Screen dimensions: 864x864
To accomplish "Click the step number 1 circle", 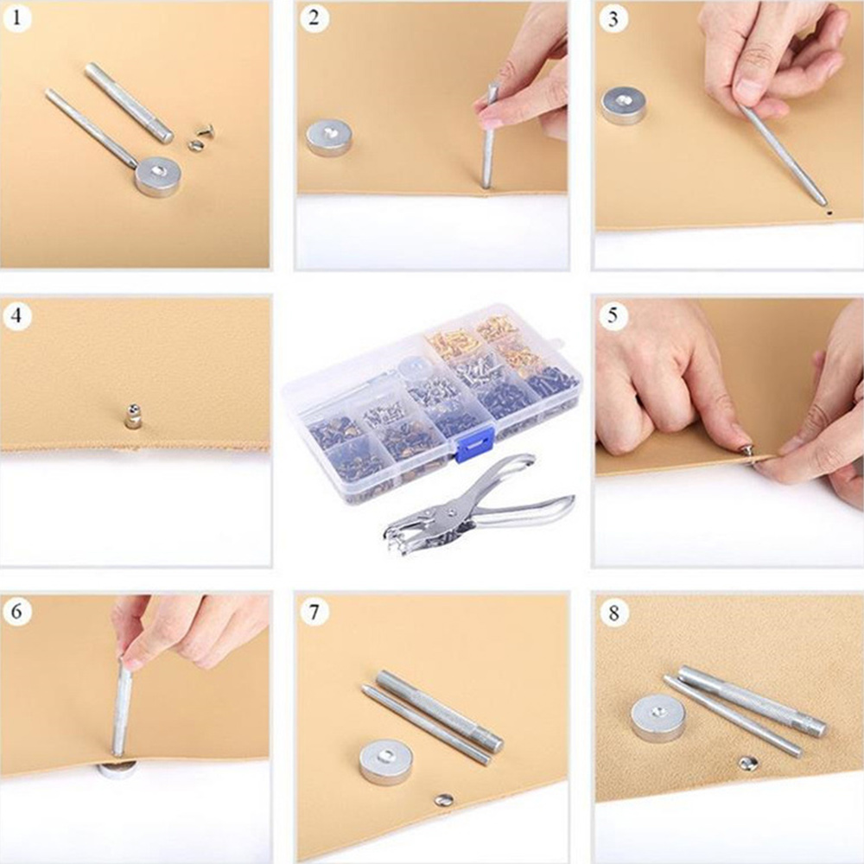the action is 16,17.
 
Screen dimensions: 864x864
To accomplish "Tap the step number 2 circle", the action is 314,17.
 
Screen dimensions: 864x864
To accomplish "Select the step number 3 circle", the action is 613,18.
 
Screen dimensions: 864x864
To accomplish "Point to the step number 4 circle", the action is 16,315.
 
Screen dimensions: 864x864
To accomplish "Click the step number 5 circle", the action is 613,315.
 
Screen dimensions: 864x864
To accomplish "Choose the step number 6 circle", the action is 16,612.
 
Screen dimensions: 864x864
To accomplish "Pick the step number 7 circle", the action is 314,612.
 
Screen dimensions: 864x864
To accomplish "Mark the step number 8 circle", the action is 613,613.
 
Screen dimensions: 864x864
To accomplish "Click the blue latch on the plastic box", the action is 473,444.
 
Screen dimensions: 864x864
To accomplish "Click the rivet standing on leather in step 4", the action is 132,416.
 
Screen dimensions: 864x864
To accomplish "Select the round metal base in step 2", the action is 328,137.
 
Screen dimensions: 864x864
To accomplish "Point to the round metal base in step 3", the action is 623,105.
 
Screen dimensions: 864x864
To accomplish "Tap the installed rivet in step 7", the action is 443,799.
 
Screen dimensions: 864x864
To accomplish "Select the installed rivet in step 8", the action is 746,763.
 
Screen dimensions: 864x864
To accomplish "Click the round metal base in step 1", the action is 157,175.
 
